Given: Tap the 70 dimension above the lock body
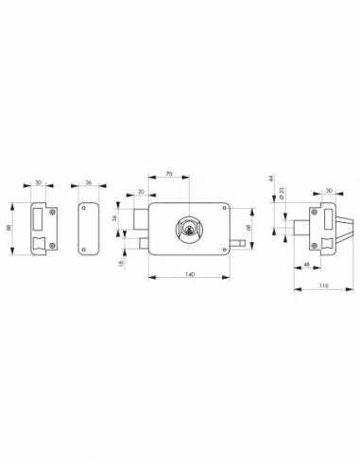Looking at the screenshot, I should (168, 173).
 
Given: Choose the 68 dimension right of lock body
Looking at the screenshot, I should (249, 228).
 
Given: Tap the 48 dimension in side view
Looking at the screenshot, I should (306, 263).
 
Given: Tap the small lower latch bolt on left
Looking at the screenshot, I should (144, 244).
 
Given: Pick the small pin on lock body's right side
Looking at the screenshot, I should (242, 245).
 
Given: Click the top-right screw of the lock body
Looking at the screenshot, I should (224, 206).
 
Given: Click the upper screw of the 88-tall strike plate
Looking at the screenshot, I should (52, 208).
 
